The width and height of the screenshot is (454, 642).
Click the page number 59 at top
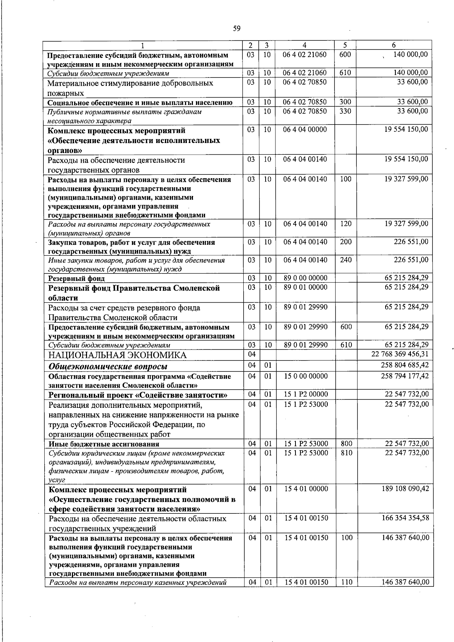coord(237,28)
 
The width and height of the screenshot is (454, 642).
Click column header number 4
coord(305,45)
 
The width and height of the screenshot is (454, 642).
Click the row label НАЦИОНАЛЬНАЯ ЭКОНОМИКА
coord(117,355)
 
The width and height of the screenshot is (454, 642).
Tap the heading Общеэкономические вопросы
coord(108,367)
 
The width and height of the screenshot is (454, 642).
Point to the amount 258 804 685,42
coord(405,365)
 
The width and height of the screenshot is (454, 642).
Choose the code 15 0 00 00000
coord(306,376)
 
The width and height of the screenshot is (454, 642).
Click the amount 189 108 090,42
coord(406,489)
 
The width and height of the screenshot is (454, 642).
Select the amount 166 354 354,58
coord(406,518)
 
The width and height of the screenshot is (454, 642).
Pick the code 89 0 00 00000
coord(306,278)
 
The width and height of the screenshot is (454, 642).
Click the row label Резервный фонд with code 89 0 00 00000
coord(76,279)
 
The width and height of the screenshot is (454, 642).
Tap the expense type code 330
coord(345,111)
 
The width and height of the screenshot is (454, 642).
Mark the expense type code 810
coord(347,453)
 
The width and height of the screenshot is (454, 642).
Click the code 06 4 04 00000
coord(305,130)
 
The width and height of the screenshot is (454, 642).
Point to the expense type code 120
coord(345,224)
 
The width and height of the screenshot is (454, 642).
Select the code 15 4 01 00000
coord(306,489)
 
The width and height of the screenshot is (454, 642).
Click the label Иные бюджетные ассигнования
coord(104,444)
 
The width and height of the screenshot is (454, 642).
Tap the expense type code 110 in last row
coord(347,592)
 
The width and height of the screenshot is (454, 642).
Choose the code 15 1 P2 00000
coord(306,394)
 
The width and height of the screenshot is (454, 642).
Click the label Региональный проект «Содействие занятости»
coord(138,395)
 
